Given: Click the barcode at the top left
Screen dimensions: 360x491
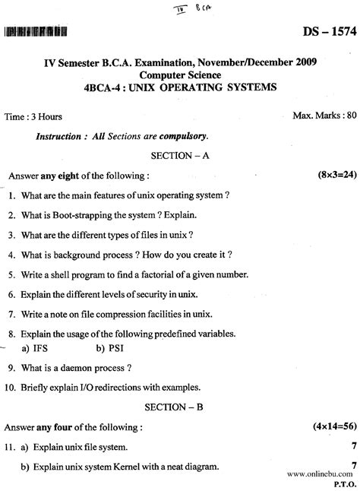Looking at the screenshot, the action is tap(35, 31).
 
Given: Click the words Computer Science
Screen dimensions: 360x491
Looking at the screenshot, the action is tap(180, 76).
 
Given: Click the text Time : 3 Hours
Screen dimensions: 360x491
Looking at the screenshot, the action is tap(33, 118).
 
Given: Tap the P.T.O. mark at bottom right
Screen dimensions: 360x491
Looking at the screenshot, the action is tap(345, 482).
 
